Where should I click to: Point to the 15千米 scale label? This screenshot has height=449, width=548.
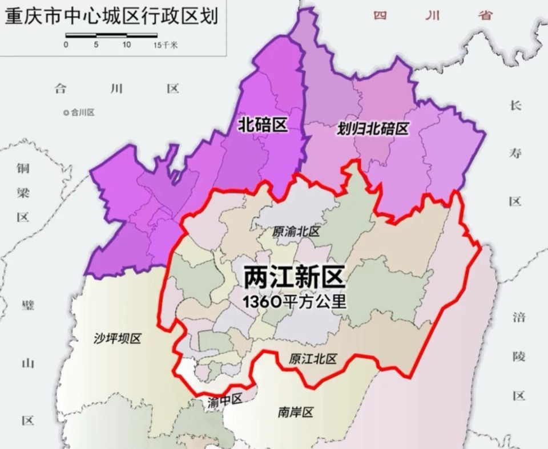click(165, 45)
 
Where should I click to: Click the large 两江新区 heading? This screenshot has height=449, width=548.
click(295, 278)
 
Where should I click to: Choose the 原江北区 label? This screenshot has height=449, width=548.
click(313, 359)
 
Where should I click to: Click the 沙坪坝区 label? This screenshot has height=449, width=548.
click(117, 338)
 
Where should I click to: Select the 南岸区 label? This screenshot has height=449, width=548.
click(296, 412)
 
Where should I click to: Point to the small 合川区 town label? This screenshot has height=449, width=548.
click(83, 112)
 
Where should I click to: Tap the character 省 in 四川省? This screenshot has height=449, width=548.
click(486, 15)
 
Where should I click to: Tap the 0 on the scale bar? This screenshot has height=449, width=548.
click(66, 45)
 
